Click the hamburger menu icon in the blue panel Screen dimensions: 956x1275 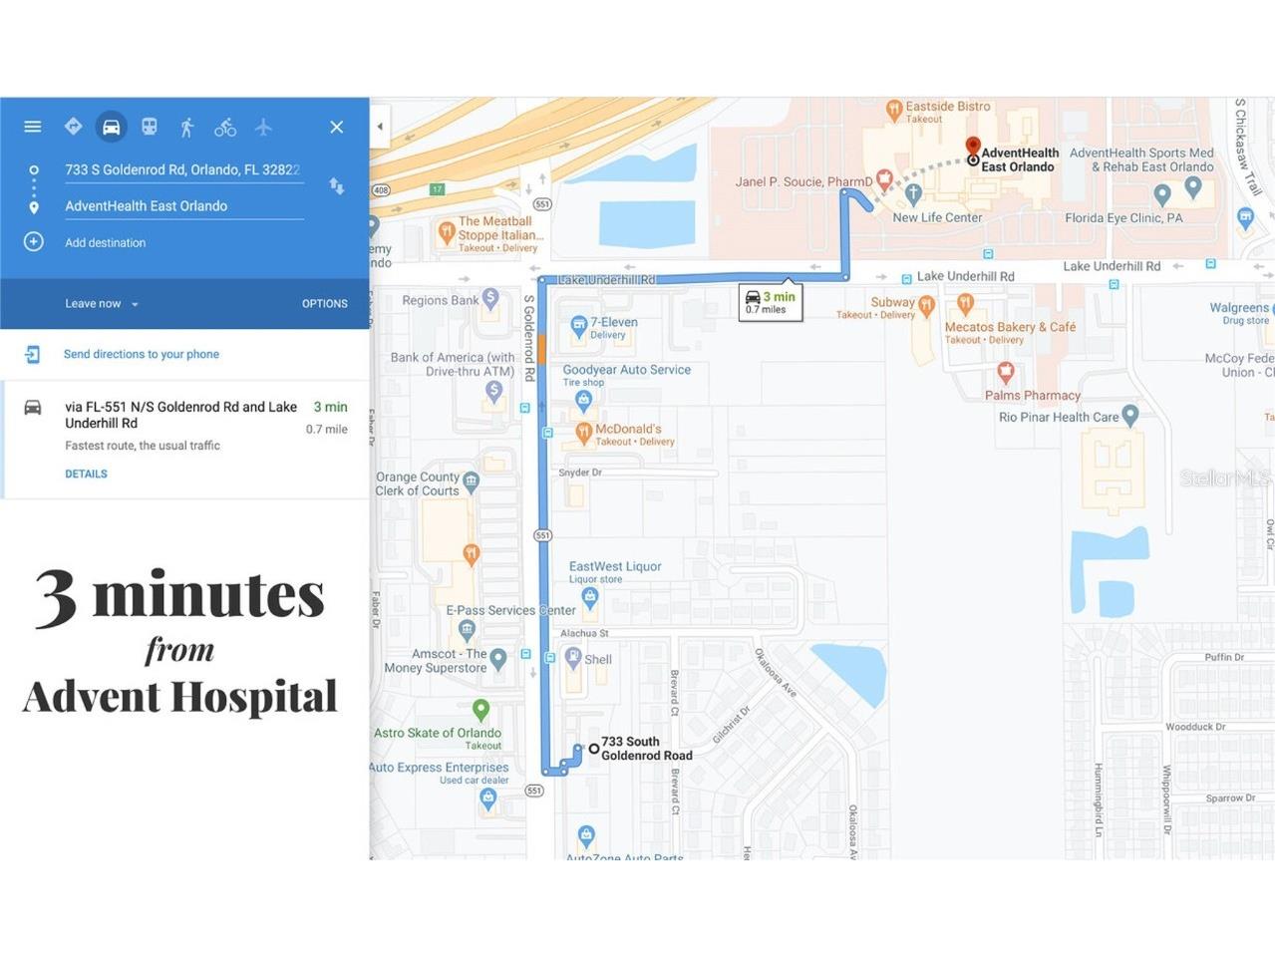coord(33,127)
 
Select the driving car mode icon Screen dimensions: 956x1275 coord(111,127)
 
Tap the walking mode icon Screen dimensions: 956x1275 coord(186,127)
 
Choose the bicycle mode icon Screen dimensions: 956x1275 coord(225,127)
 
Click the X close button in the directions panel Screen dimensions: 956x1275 coord(337,127)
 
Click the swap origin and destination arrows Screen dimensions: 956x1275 coord(337,186)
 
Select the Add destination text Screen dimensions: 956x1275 coord(105,242)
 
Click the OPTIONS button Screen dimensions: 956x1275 coord(325,304)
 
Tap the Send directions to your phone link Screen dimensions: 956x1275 coord(141,354)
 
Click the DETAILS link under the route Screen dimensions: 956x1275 coord(86,474)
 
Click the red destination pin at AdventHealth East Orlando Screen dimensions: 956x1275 coord(973,148)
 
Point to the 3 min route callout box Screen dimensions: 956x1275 coord(771,302)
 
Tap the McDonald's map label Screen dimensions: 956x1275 coord(628,430)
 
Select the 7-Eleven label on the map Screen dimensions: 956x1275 coord(613,323)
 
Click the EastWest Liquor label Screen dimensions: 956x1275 coord(615,566)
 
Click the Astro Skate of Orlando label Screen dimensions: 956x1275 coord(438,733)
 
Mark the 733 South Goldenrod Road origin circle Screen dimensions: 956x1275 coord(594,749)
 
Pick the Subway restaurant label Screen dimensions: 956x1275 coord(892,302)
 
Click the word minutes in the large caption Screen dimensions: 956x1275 coord(208,595)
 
